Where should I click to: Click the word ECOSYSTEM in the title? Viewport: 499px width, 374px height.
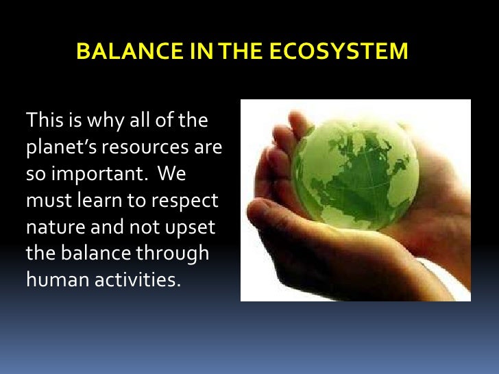(x=352, y=51)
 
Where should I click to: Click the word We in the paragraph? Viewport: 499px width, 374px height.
(x=171, y=175)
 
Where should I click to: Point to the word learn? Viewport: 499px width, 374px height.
(x=93, y=201)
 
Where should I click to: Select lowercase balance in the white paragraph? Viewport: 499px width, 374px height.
(x=96, y=253)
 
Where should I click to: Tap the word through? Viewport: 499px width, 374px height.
(x=174, y=253)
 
